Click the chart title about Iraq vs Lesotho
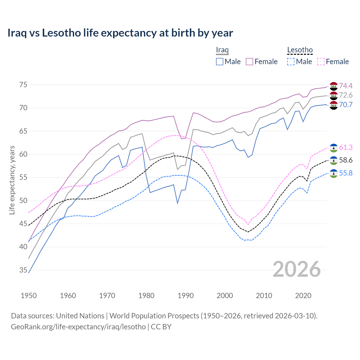pos(120,33)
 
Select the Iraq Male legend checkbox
pos(220,62)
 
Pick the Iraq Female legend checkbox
pos(249,62)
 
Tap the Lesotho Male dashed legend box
pos(291,62)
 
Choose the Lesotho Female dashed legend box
pos(321,62)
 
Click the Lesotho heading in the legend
pos(300,50)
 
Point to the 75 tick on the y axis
pos(23,85)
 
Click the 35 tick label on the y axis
pos(23,270)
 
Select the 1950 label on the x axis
pos(29,296)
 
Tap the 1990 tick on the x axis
pos(186,296)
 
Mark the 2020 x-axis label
pos(303,296)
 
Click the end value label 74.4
pos(346,86)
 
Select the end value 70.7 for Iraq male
pos(346,105)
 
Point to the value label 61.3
pos(346,147)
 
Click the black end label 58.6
pos(346,160)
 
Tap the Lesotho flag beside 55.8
pos(334,173)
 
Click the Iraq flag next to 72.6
pos(334,95)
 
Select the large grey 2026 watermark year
pos(296,269)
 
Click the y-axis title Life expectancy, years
pos(12,180)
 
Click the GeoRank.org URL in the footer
pos(78,327)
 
